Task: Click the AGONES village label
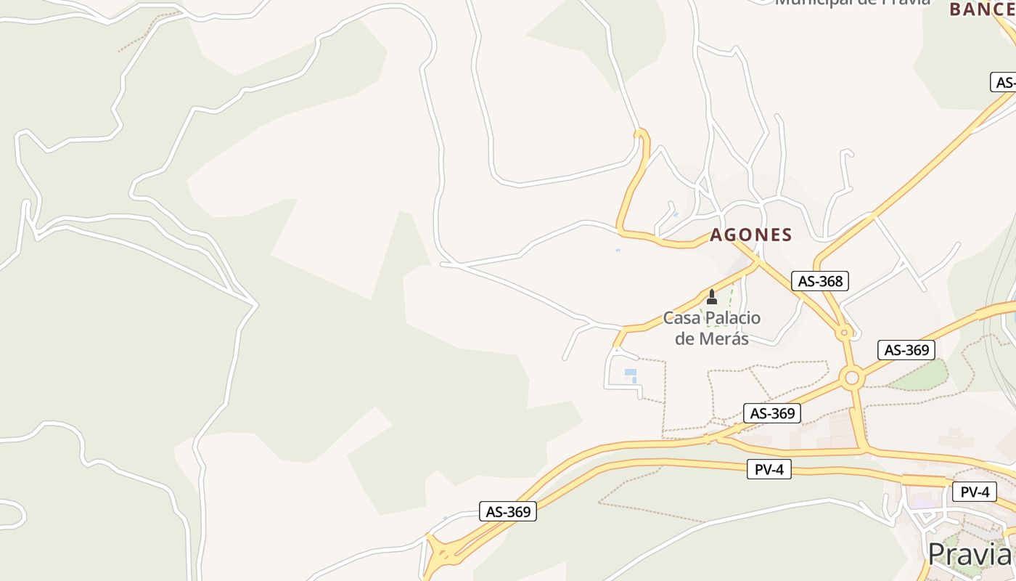(x=750, y=235)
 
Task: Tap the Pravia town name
(x=969, y=554)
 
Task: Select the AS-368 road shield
(x=820, y=281)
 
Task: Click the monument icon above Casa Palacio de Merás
(x=712, y=297)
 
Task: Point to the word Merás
(x=712, y=338)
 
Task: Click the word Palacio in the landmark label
(x=733, y=318)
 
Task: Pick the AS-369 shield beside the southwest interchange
(x=508, y=511)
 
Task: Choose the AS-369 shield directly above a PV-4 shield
(x=772, y=413)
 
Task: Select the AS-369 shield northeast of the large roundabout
(x=906, y=350)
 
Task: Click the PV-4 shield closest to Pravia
(x=974, y=492)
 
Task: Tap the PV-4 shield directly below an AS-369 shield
(x=769, y=469)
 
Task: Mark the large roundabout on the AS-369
(x=852, y=378)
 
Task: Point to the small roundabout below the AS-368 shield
(x=844, y=333)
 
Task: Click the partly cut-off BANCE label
(x=981, y=9)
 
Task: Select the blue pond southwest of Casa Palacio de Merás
(x=631, y=375)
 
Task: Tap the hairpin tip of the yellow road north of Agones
(x=639, y=133)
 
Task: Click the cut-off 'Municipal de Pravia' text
(x=852, y=3)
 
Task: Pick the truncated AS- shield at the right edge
(x=1004, y=82)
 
